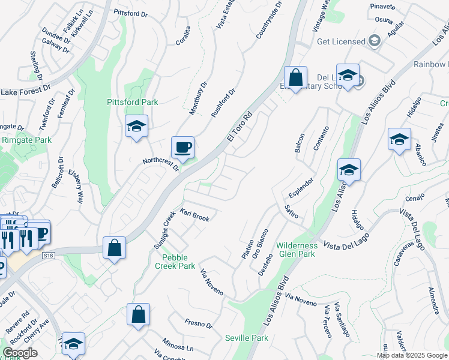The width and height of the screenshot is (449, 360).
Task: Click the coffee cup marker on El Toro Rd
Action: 182,147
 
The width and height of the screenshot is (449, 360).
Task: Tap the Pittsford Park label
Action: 132,102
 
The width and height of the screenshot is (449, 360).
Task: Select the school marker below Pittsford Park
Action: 137,127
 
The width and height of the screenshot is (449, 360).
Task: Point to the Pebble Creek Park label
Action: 175,261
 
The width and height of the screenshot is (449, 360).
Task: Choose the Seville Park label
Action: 246,338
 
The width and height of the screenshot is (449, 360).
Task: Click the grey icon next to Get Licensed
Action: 375,41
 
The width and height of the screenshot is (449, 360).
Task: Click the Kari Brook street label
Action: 194,215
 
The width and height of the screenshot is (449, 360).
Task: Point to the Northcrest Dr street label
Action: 161,164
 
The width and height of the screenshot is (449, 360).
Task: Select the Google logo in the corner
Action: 20,353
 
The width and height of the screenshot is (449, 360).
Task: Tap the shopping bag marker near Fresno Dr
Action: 138,314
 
